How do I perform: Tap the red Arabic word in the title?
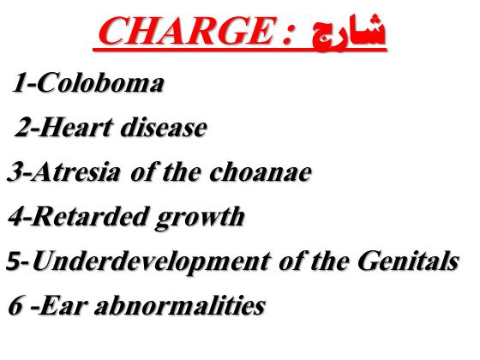[x=349, y=32]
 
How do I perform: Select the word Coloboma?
[x=100, y=82]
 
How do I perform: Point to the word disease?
[x=164, y=127]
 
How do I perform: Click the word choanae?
[x=261, y=171]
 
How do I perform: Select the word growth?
[x=201, y=218]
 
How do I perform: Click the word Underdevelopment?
[x=153, y=261]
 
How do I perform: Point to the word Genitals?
[x=408, y=261]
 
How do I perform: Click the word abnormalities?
[x=180, y=305]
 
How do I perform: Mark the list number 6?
[x=15, y=305]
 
